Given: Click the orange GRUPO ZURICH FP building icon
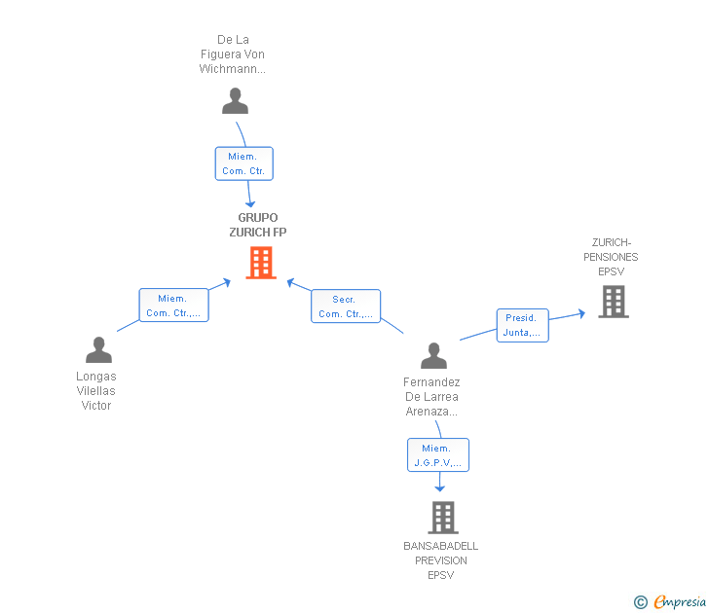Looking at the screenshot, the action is point(261,263).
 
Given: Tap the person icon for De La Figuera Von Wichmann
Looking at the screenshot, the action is point(235,101).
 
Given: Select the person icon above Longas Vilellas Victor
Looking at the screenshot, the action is point(98,349).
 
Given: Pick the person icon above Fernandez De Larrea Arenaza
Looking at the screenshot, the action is point(433,355).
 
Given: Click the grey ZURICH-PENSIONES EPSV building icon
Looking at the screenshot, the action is point(614,302).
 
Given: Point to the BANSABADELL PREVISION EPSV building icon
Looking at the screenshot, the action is point(443,518).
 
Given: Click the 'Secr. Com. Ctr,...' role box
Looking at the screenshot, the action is point(346,306).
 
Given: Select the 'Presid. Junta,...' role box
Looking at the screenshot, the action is point(523,325).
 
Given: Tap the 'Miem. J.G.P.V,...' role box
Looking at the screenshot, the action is point(438,455).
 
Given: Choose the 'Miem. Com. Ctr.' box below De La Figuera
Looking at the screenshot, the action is point(244,163).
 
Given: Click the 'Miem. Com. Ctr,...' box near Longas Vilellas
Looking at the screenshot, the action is point(173,305).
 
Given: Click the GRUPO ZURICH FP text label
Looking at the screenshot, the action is point(258,225).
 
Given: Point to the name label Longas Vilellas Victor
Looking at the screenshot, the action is point(96,391).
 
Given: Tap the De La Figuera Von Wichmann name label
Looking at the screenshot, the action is point(233,54).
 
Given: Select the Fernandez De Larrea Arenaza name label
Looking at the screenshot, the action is point(431,397).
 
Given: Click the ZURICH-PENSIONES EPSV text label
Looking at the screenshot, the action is point(611,257).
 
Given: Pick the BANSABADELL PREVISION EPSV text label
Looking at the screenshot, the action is point(441,560).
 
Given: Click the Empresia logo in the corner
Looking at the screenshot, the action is point(670,602).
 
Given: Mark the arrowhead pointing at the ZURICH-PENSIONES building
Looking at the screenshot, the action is point(582,313).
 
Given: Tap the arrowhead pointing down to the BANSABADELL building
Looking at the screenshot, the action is point(439,488).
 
